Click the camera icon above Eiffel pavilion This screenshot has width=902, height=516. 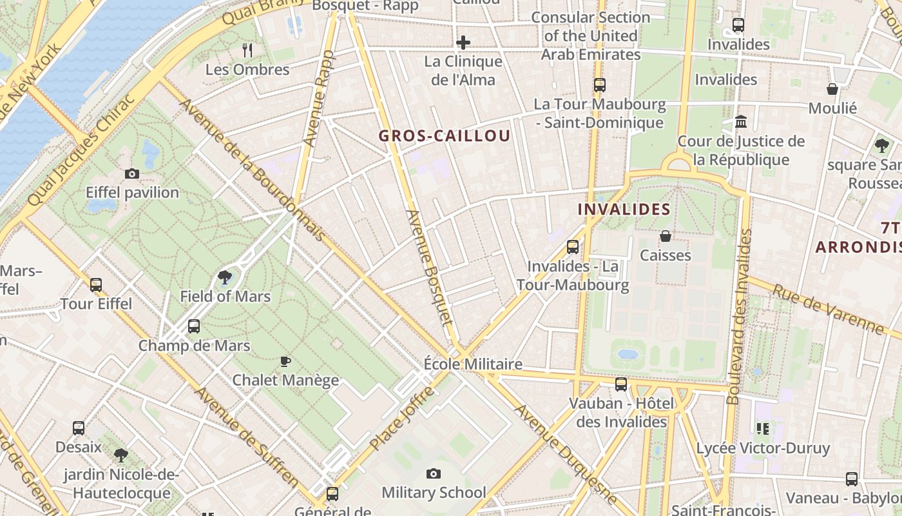click(x=132, y=174)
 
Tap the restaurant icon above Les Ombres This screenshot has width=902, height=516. click(x=247, y=50)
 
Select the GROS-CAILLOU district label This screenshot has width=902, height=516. click(x=445, y=136)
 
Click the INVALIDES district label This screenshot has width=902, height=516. click(x=624, y=210)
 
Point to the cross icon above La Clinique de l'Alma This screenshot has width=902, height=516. click(x=463, y=43)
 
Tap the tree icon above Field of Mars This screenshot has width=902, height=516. click(x=225, y=278)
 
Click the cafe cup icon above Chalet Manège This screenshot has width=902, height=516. click(x=285, y=361)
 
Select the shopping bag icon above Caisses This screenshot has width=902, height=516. click(x=666, y=237)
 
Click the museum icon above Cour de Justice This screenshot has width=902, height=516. click(x=741, y=121)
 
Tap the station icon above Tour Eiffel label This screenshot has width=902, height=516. click(x=96, y=285)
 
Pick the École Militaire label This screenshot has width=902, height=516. click(x=473, y=364)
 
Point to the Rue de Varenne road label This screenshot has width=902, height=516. click(x=829, y=310)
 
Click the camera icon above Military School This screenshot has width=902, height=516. click(x=434, y=474)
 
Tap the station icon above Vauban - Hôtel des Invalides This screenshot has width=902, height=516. click(x=621, y=384)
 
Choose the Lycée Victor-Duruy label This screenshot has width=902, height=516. click(x=763, y=448)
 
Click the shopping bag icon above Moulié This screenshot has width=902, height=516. click(x=832, y=89)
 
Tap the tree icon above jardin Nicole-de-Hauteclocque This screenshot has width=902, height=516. click(x=120, y=455)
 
